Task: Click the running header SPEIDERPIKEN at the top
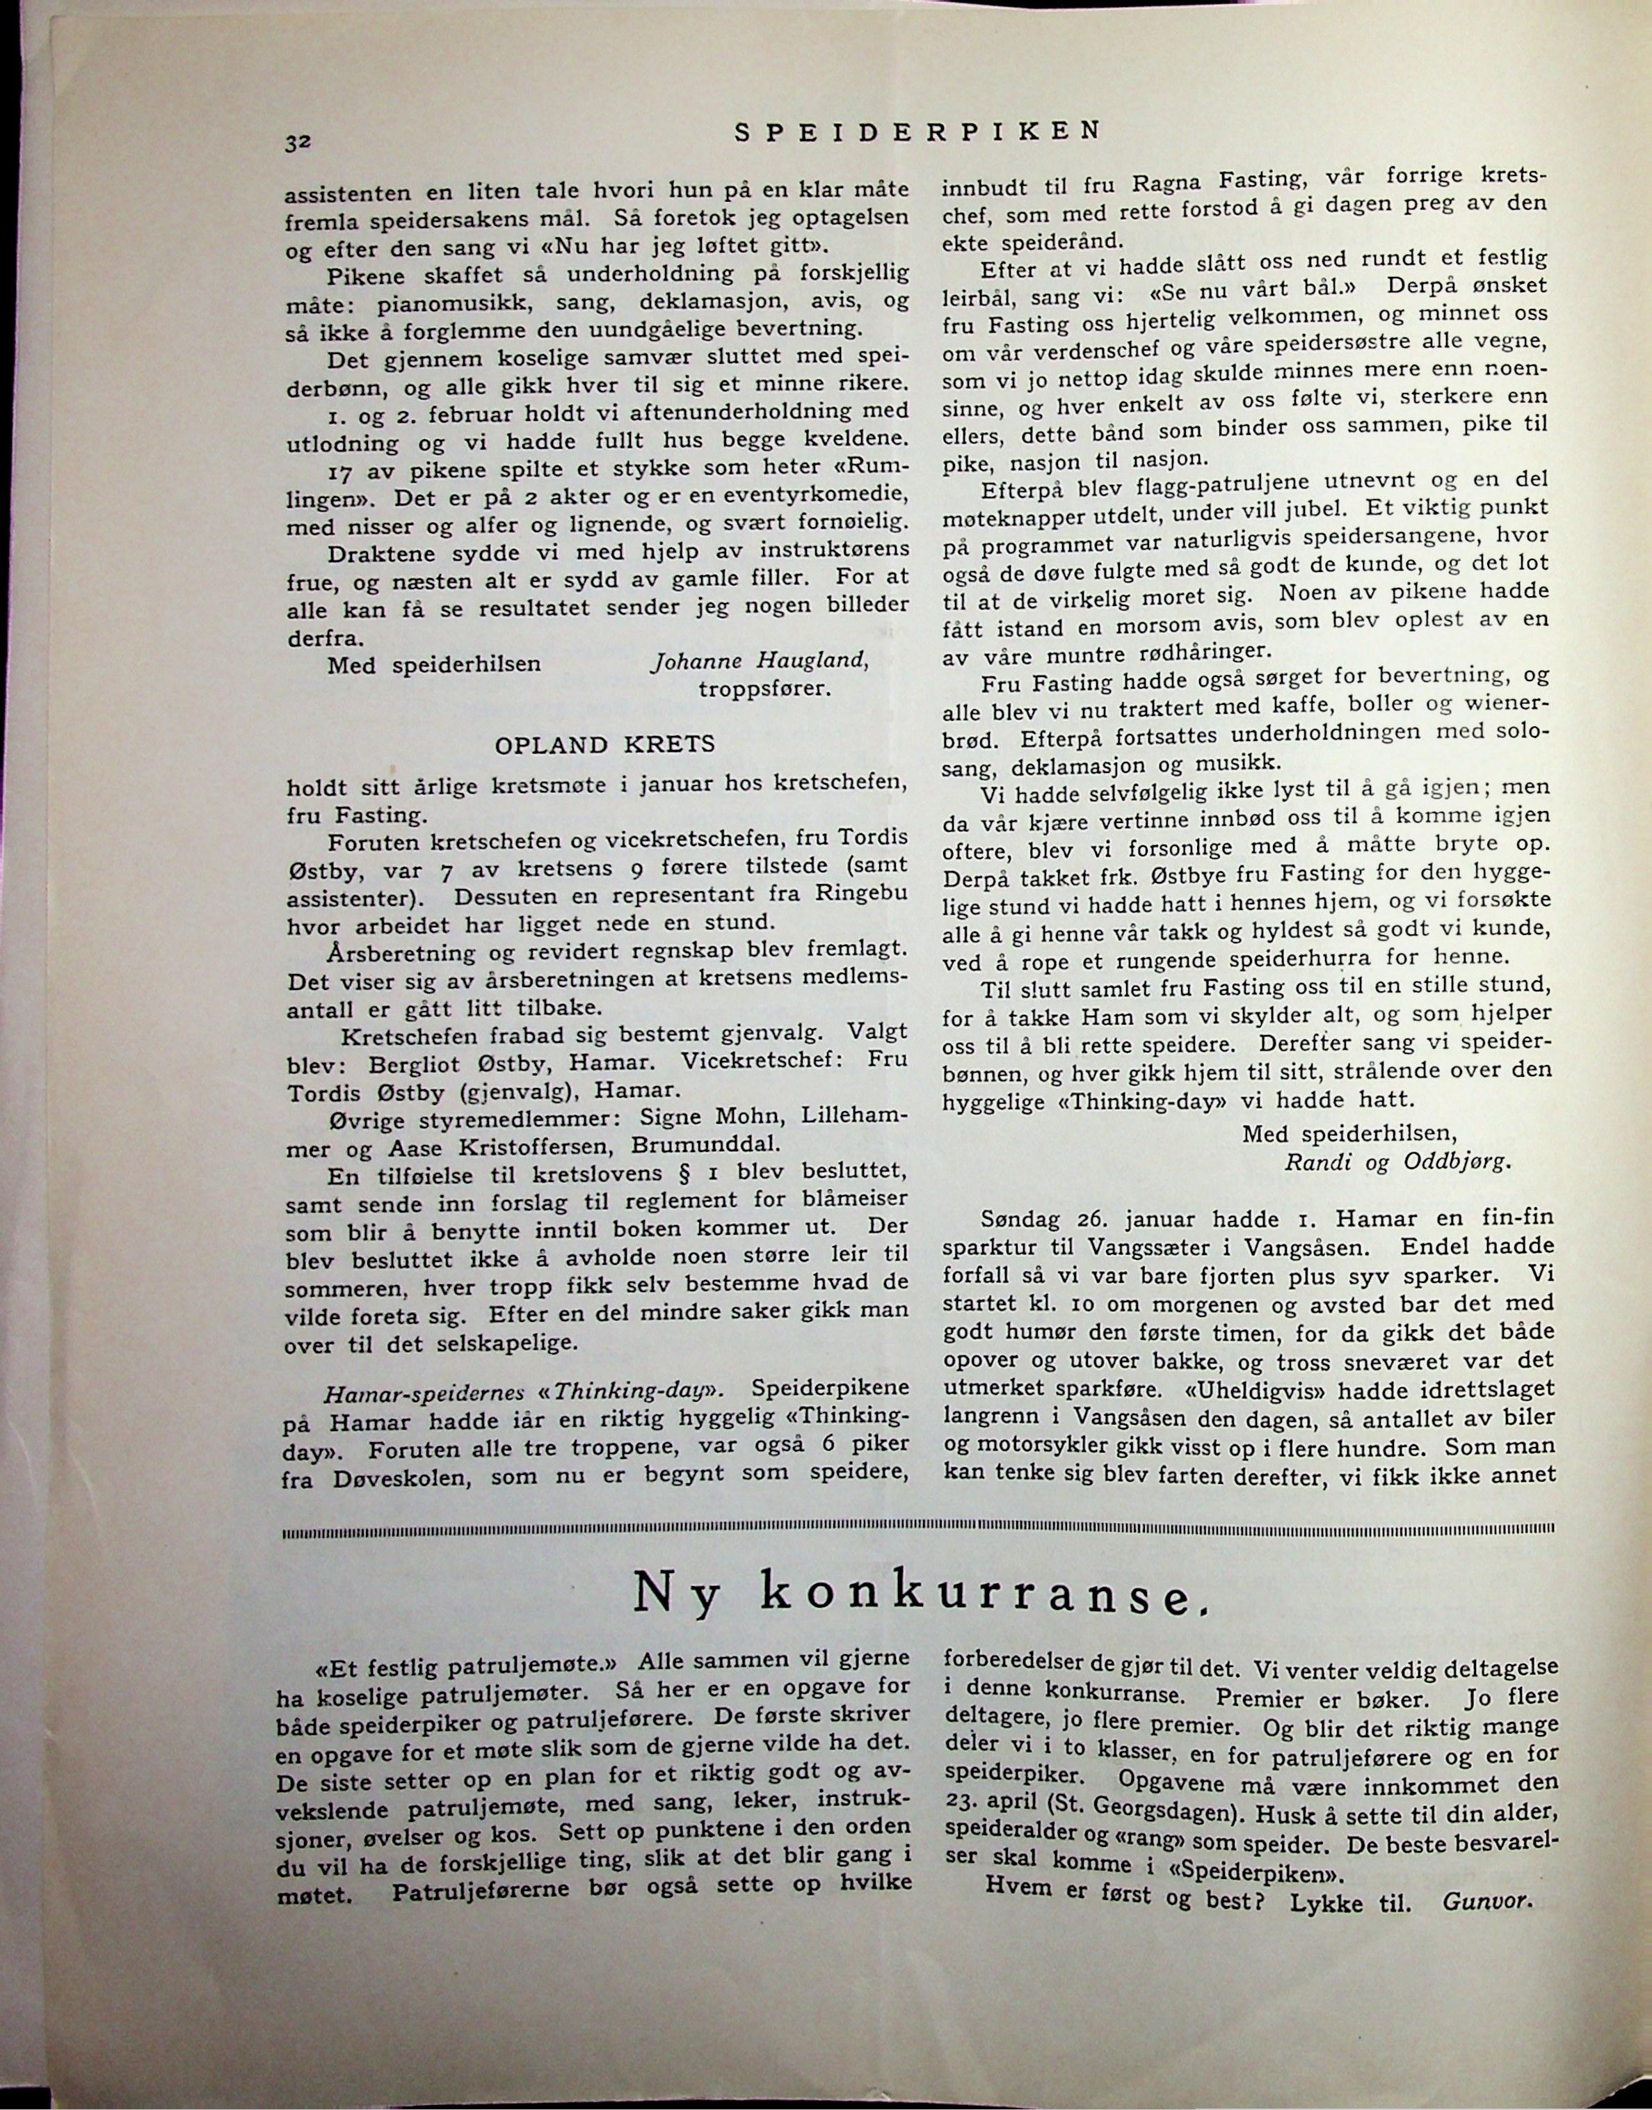point(917,131)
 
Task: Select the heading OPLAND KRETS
point(604,745)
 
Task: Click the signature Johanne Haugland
point(760,661)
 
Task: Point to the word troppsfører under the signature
point(764,690)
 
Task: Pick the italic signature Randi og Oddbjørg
point(1397,1162)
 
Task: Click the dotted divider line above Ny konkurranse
point(917,1531)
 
